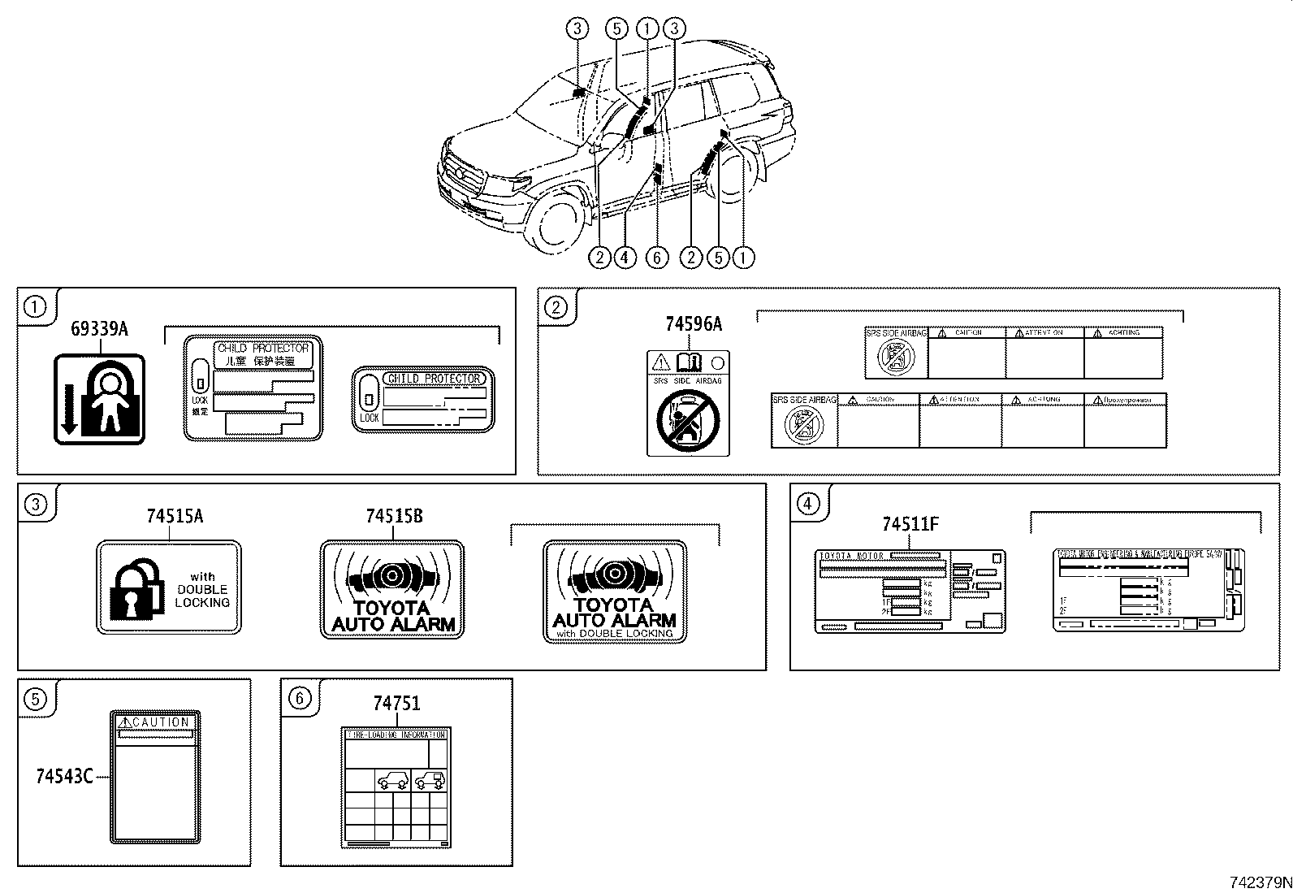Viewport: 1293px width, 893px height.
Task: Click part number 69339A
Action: [x=99, y=329]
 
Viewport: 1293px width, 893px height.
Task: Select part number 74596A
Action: [x=693, y=324]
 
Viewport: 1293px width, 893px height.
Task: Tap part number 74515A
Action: [x=175, y=516]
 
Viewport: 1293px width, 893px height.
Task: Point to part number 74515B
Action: [x=394, y=516]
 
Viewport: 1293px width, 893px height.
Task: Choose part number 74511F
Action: [x=910, y=524]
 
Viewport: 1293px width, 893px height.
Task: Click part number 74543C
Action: [x=64, y=776]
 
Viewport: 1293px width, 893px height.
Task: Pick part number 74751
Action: [x=396, y=704]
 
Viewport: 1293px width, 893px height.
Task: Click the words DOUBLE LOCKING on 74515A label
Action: [x=202, y=596]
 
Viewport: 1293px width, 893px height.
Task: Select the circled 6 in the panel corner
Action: [x=299, y=698]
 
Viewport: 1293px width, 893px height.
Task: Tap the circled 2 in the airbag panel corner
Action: [x=556, y=307]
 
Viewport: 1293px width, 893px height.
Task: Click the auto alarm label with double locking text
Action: [x=615, y=592]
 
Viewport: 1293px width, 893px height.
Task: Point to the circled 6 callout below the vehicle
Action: [x=656, y=258]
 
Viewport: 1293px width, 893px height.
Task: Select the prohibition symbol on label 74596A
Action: [x=687, y=419]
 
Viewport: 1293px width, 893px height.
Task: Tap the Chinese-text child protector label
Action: [x=253, y=388]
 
